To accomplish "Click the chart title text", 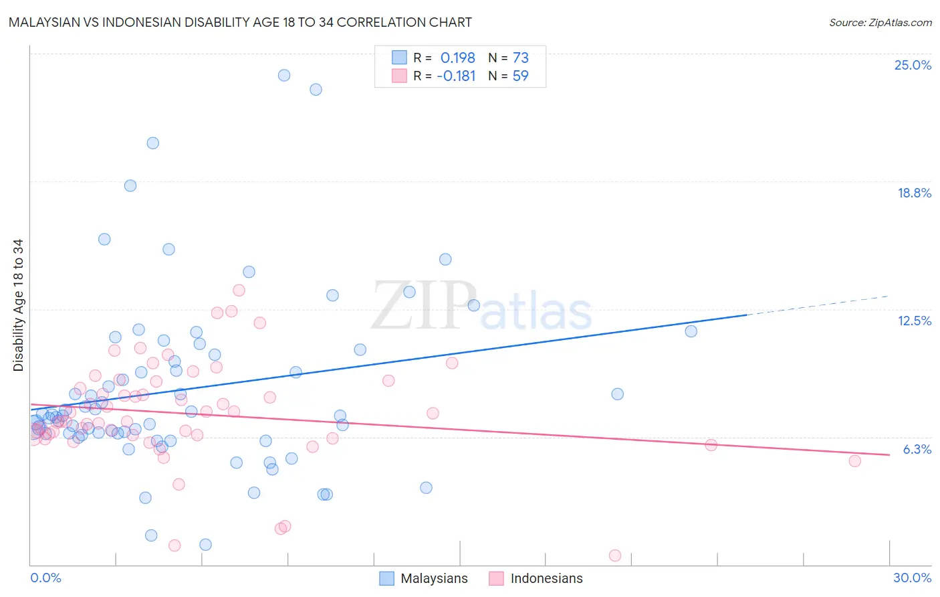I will pyautogui.click(x=240, y=22).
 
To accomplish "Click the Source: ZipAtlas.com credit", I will pyautogui.click(x=880, y=22).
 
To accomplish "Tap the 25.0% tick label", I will pyautogui.click(x=913, y=65).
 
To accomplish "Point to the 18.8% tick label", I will pyautogui.click(x=914, y=193).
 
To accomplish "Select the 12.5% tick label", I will pyautogui.click(x=914, y=321).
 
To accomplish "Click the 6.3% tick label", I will pyautogui.click(x=917, y=449).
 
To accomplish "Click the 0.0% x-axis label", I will pyautogui.click(x=45, y=578).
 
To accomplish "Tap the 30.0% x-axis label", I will pyautogui.click(x=912, y=578).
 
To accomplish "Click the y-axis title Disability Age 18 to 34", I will pyautogui.click(x=18, y=305).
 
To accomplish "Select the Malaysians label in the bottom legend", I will pyautogui.click(x=434, y=578).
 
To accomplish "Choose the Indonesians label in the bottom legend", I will pyautogui.click(x=546, y=578).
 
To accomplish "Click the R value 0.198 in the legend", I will pyautogui.click(x=457, y=58).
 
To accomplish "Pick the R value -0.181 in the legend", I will pyautogui.click(x=455, y=76).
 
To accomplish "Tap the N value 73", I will pyautogui.click(x=520, y=58).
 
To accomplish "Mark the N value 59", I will pyautogui.click(x=520, y=76).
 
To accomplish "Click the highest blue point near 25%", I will pyautogui.click(x=284, y=75).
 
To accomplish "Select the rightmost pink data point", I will pyautogui.click(x=854, y=460).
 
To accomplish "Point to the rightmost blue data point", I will pyautogui.click(x=691, y=331).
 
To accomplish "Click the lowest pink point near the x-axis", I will pyautogui.click(x=615, y=556).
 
